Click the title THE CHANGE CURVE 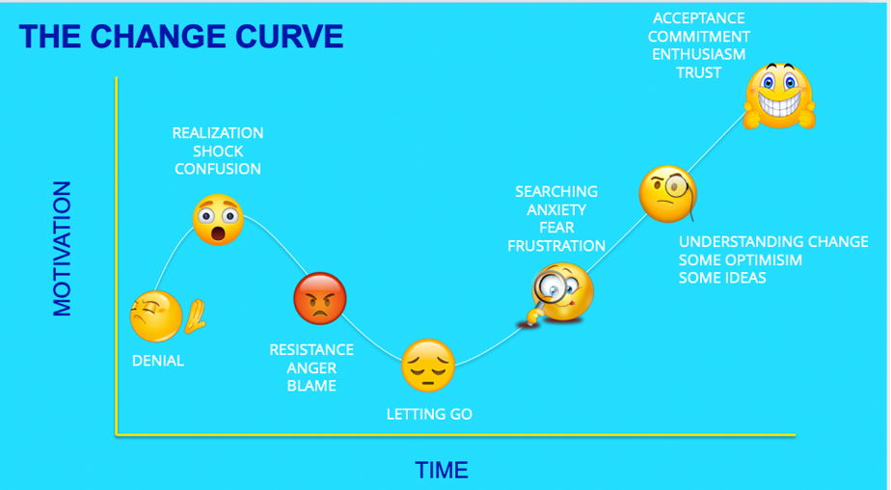181,37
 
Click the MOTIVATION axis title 62,249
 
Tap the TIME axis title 442,470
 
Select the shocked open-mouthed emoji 218,219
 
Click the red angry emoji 320,298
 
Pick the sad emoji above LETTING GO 428,366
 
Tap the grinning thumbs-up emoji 779,95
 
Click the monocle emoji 667,194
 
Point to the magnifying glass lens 550,286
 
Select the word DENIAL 158,361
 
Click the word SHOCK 218,151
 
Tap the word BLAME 311,386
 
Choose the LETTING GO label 429,414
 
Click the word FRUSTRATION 556,246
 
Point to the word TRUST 698,72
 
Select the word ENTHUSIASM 698,55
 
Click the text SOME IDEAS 722,278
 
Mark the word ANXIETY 556,209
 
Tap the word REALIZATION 218,133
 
